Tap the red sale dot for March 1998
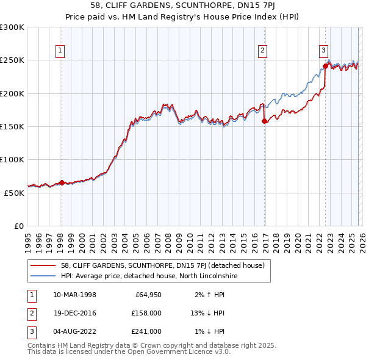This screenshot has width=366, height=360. click(62, 182)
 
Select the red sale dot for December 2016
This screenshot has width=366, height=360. click(264, 121)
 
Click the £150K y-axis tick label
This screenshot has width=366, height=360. click(12, 126)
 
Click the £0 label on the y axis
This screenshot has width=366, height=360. click(18, 226)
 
